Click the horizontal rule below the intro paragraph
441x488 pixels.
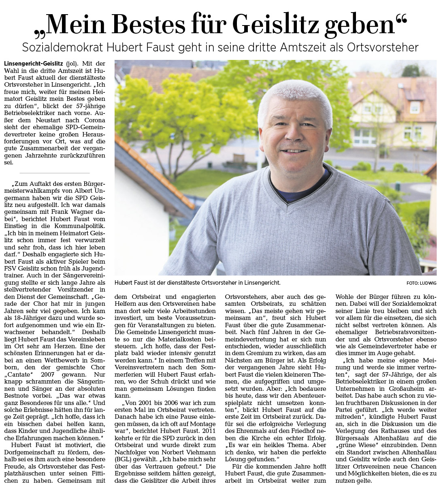(x=55, y=173)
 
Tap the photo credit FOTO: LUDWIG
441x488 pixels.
(x=421, y=283)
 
